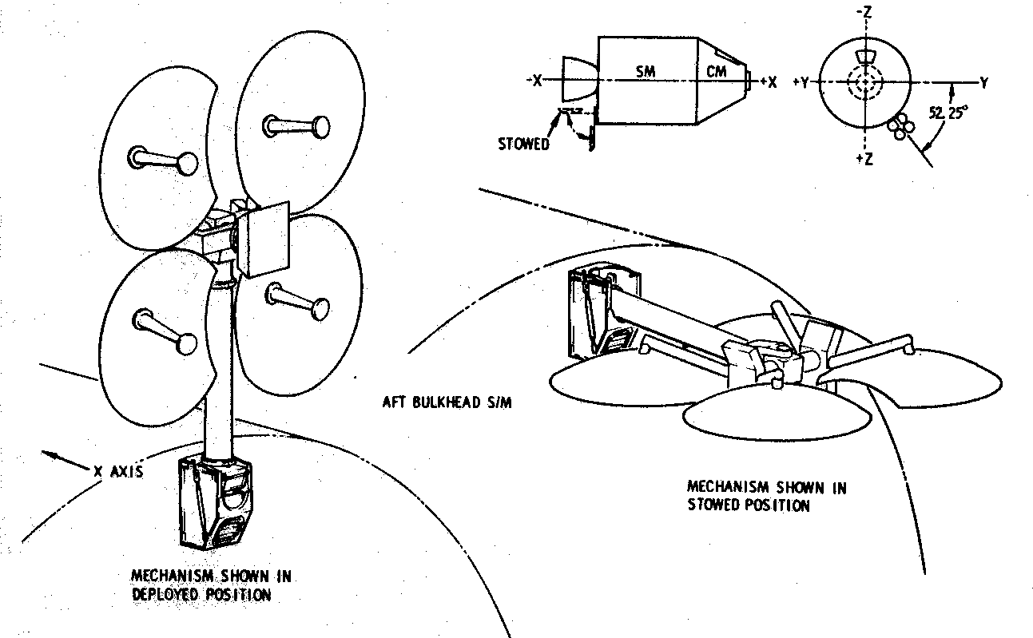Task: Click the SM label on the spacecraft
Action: [646, 71]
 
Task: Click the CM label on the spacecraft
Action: [716, 71]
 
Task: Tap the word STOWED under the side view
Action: [524, 145]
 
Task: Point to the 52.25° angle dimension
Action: [948, 113]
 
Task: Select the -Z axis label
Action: [864, 13]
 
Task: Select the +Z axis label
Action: [864, 159]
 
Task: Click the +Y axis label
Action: [801, 82]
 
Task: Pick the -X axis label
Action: [535, 81]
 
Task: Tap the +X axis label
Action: [769, 82]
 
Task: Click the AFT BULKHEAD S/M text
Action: [447, 402]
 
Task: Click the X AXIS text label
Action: [118, 472]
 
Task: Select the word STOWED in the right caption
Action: [714, 505]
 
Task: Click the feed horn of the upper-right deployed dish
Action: [296, 126]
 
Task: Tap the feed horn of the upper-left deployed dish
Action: [162, 160]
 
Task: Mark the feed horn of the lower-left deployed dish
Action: [165, 331]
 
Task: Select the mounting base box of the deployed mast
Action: [216, 503]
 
